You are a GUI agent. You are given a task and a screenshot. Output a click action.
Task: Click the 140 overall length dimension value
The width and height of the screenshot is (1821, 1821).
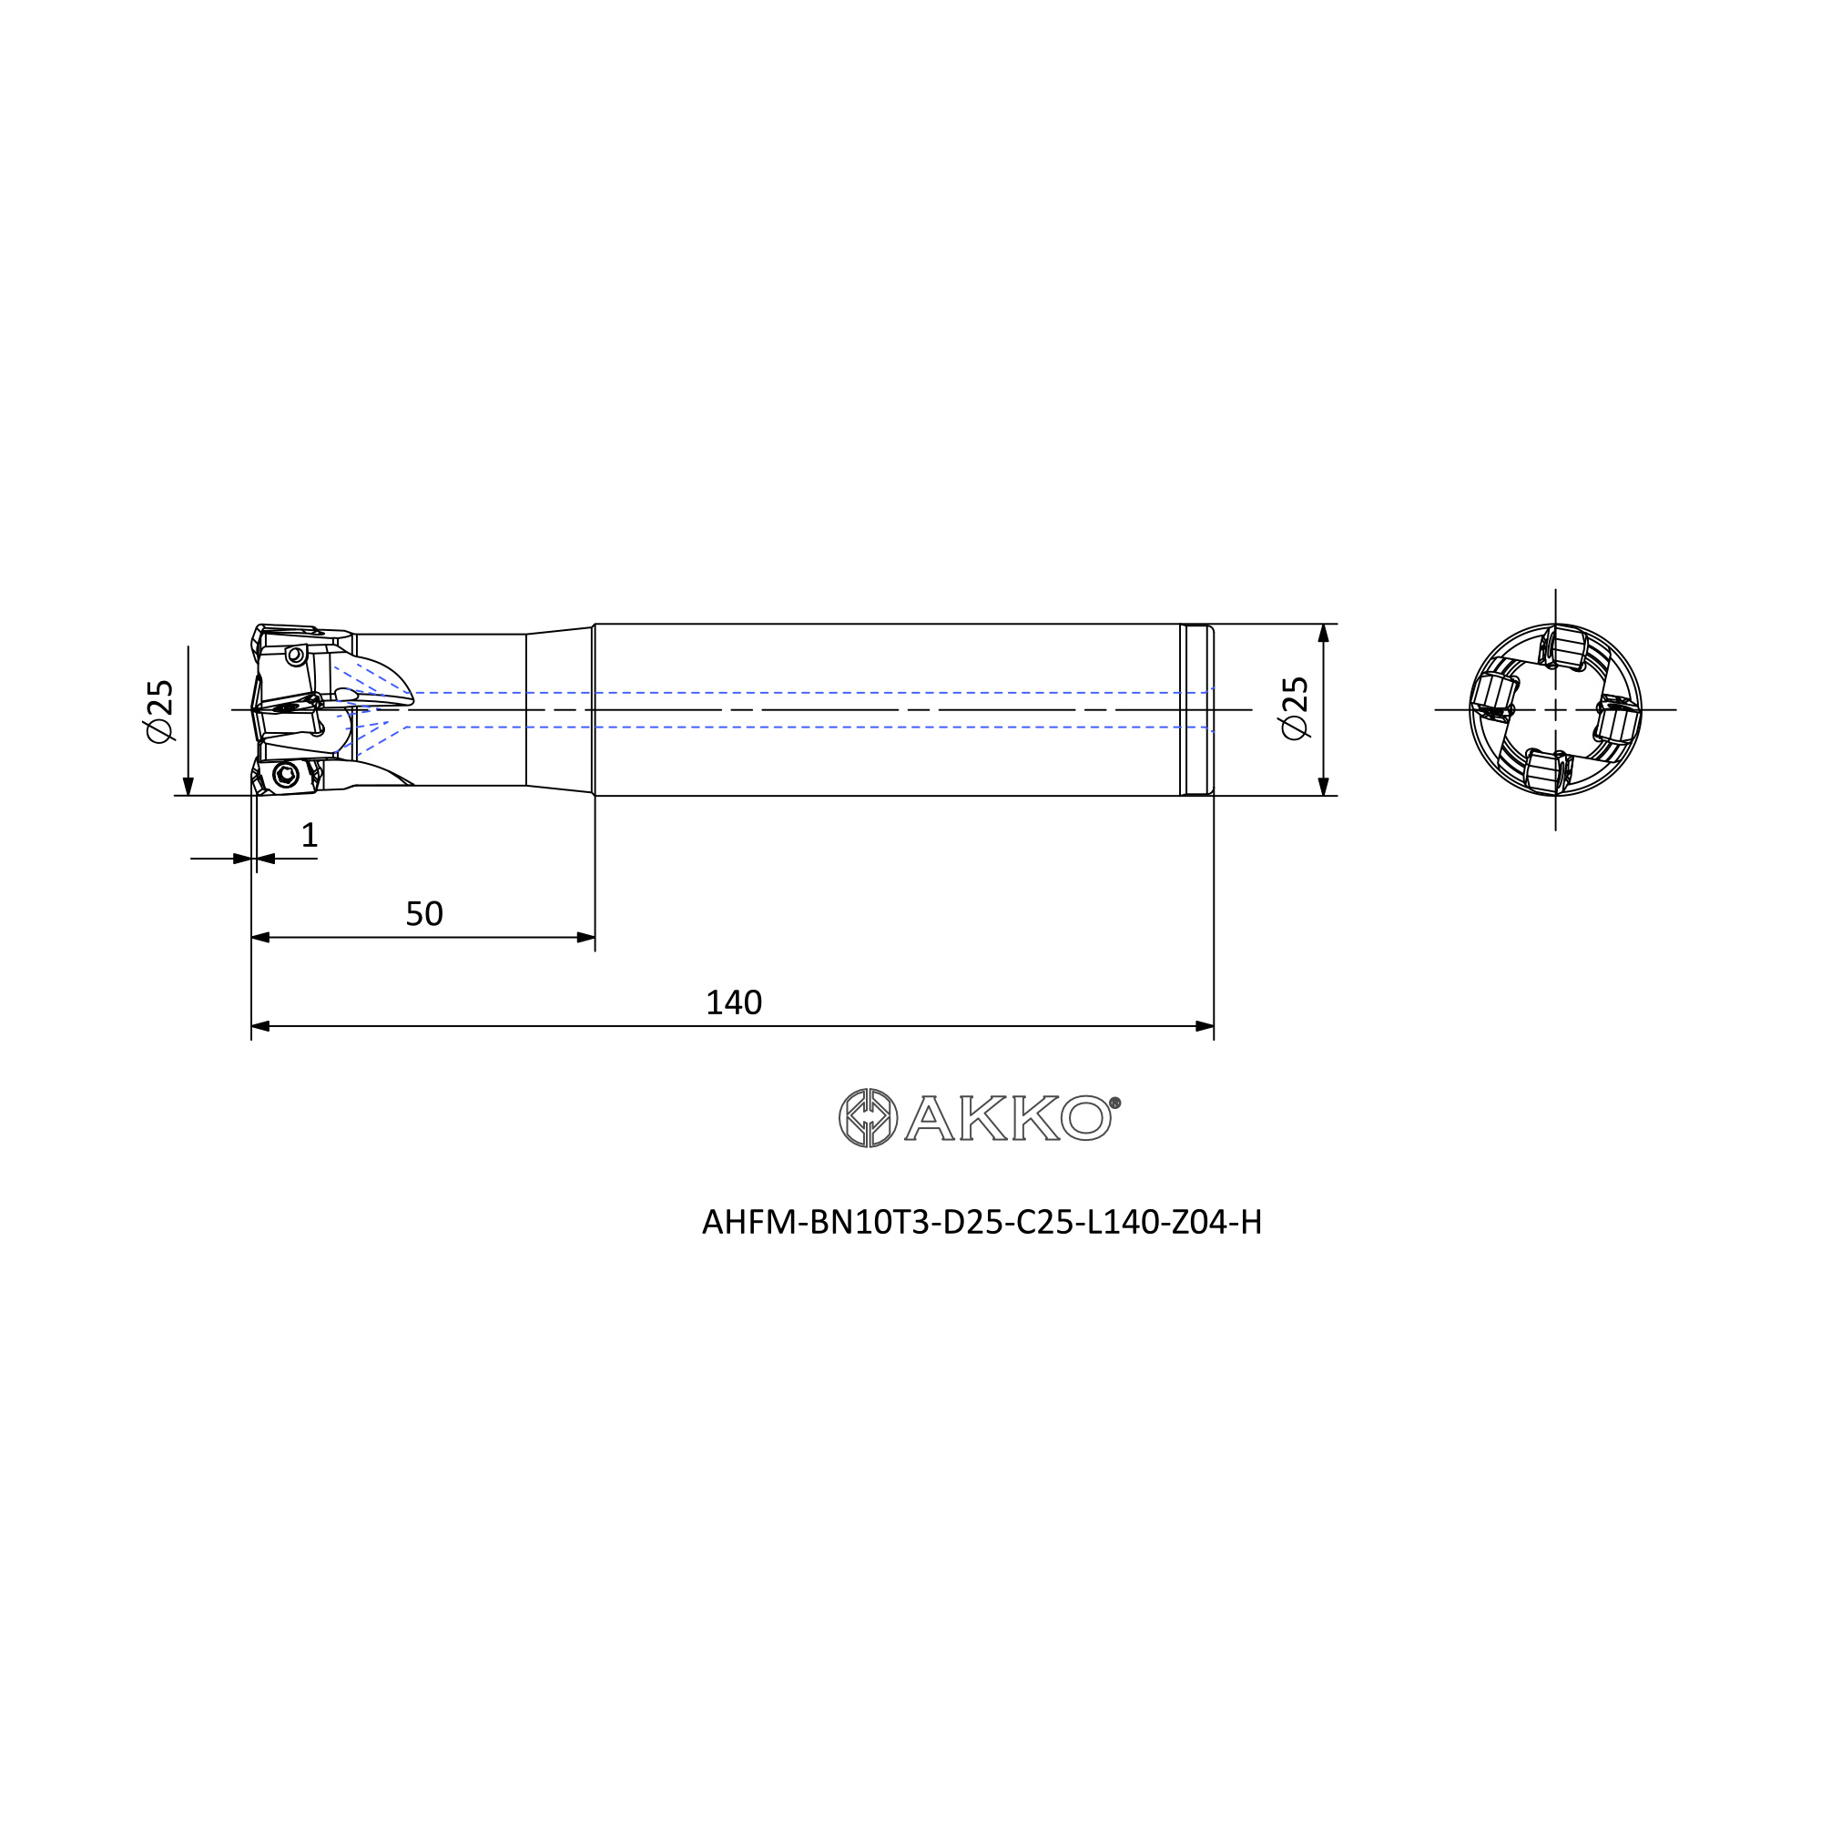click(733, 1002)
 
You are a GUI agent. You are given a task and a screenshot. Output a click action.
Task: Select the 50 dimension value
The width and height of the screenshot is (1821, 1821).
click(424, 914)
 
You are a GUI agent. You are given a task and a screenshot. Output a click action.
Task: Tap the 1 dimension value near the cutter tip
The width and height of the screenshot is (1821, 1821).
click(310, 835)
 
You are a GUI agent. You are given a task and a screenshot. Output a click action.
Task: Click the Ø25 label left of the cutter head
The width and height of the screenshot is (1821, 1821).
click(160, 710)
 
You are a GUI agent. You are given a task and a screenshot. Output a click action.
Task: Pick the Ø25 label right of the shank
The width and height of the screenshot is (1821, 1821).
click(1295, 707)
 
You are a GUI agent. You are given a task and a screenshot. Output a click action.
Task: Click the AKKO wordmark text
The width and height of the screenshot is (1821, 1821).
click(1008, 1118)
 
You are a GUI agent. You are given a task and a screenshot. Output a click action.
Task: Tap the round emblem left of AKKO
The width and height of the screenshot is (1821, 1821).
click(868, 1118)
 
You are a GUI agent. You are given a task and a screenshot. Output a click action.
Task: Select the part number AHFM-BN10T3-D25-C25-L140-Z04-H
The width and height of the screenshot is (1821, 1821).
click(982, 1223)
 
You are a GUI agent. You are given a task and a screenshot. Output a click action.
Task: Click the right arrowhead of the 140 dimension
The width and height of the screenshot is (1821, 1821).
click(1204, 1026)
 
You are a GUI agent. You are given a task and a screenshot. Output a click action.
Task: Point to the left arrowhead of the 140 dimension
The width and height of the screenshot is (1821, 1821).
click(261, 1026)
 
